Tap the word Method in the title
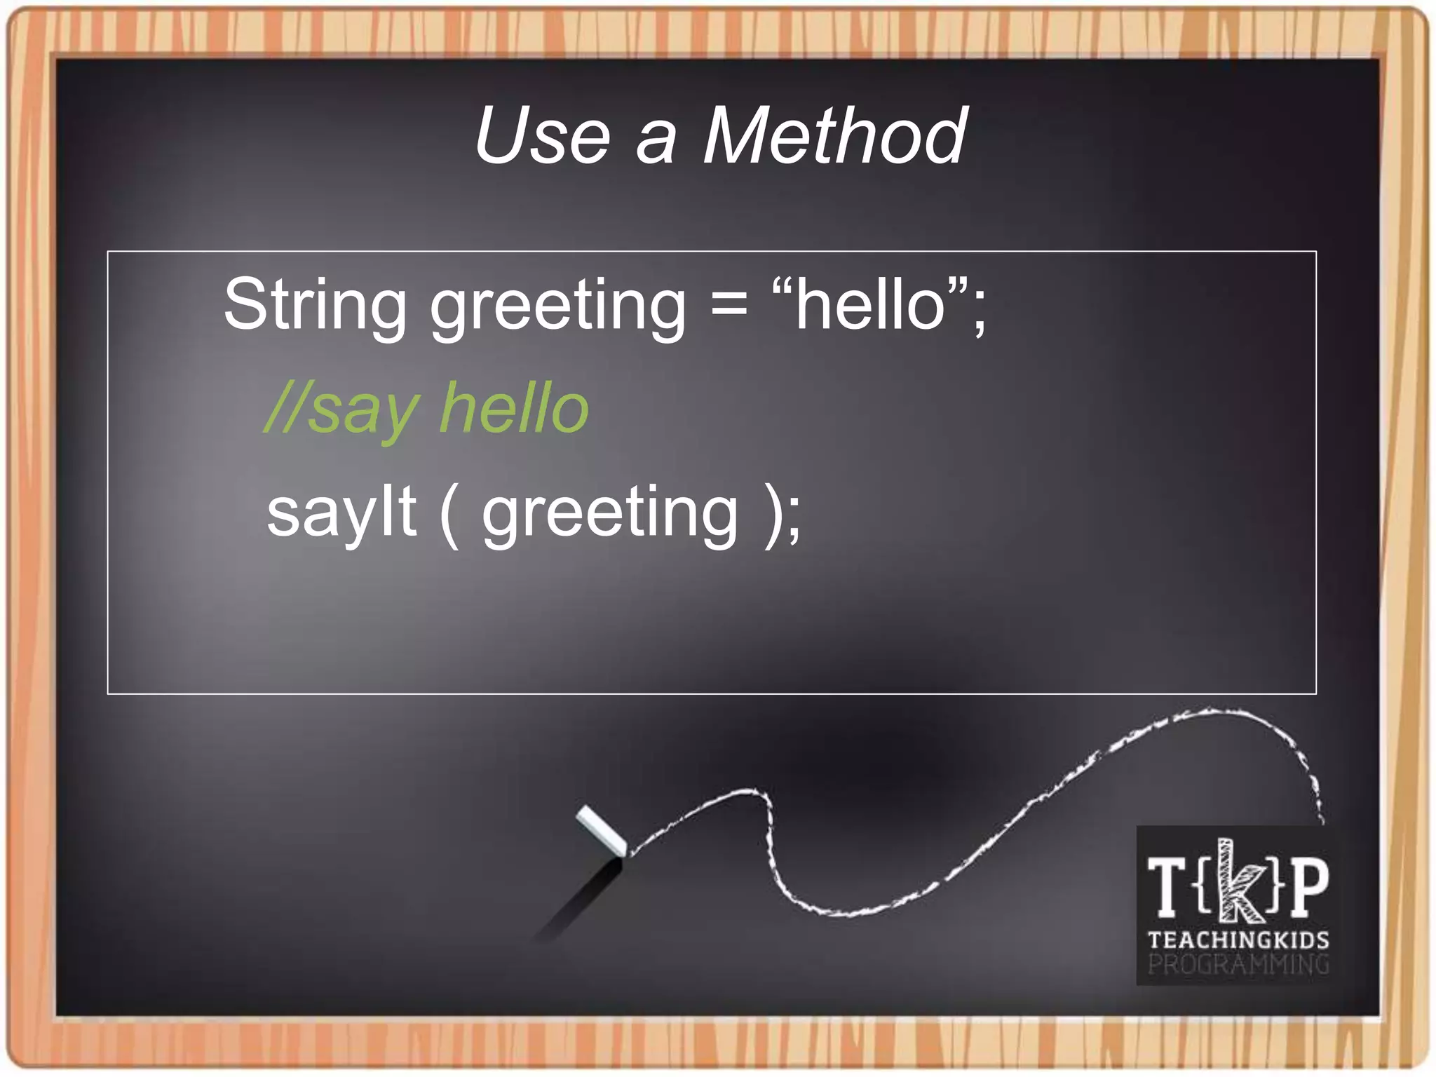pyautogui.click(x=834, y=136)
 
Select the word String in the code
pyautogui.click(x=315, y=306)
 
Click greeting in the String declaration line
pyautogui.click(x=557, y=309)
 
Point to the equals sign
pyautogui.click(x=729, y=306)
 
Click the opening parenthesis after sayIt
pyautogui.click(x=449, y=515)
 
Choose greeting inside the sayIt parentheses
pyautogui.click(x=610, y=516)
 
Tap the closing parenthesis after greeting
pyautogui.click(x=773, y=515)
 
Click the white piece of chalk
pyautogui.click(x=602, y=832)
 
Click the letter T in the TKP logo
pyautogui.click(x=1167, y=888)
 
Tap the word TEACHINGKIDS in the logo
pyautogui.click(x=1238, y=940)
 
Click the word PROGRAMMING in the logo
pyautogui.click(x=1238, y=965)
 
